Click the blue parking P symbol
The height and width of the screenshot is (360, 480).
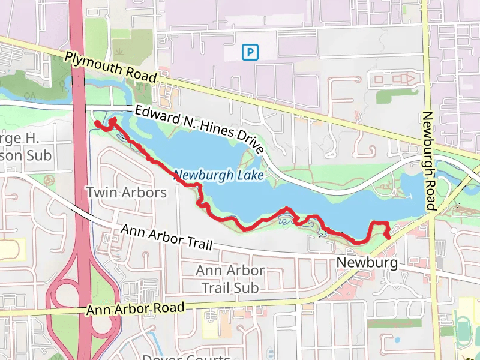point(250,53)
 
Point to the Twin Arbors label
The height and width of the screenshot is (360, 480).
point(126,193)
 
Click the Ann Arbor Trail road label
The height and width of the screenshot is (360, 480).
point(167,238)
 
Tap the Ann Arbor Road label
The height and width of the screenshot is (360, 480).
point(135,309)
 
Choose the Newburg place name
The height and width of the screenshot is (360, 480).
point(367,263)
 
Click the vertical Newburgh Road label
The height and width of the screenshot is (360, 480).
point(428,161)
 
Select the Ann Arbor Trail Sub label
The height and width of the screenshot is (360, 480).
point(230,279)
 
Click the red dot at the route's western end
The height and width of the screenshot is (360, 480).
point(97,124)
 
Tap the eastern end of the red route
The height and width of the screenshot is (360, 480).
point(388,237)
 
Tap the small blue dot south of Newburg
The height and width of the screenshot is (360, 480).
point(397,340)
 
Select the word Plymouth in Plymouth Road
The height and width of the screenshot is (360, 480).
point(90,62)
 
